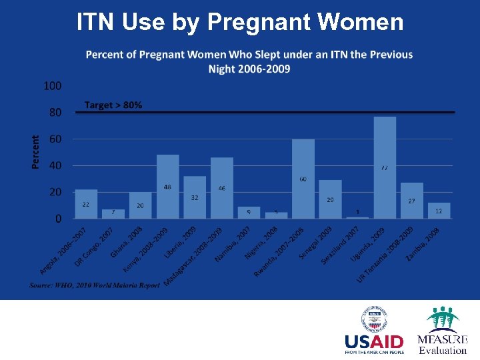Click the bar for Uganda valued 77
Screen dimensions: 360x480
pyautogui.click(x=385, y=167)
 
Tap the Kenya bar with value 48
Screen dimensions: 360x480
pyautogui.click(x=167, y=187)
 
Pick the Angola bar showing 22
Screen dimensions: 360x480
pyautogui.click(x=86, y=204)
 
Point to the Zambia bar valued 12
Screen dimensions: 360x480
pyautogui.click(x=439, y=211)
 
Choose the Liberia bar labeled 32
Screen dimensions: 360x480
pyautogui.click(x=195, y=197)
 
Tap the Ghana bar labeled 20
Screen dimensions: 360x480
pyautogui.click(x=140, y=205)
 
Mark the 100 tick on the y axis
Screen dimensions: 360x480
pyautogui.click(x=53, y=86)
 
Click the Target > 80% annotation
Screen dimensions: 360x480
pyautogui.click(x=113, y=105)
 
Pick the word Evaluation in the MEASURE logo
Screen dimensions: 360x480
pyautogui.click(x=443, y=350)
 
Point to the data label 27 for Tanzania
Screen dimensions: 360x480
pyautogui.click(x=411, y=201)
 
